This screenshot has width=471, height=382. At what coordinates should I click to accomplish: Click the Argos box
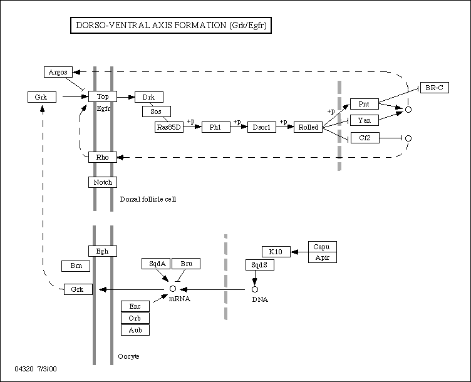coord(58,73)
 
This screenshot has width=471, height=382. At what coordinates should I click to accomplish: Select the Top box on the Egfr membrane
coord(103,96)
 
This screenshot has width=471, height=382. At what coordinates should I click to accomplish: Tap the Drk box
coord(149,96)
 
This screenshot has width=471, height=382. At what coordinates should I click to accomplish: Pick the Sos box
coord(157,111)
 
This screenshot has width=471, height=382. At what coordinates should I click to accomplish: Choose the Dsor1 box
coord(262,127)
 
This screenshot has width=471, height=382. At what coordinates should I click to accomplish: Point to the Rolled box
coord(308,127)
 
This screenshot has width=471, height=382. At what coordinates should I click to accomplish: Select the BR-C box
coord(434,88)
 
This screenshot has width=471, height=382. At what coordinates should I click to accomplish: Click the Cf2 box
coord(365,137)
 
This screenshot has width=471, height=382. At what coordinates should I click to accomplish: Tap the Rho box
coord(103,157)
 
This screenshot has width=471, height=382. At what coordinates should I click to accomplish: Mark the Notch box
coord(103,182)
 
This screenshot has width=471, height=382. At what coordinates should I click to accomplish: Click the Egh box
coord(103,251)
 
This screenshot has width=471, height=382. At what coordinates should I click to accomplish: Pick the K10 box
coord(276,252)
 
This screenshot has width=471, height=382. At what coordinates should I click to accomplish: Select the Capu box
coord(322,247)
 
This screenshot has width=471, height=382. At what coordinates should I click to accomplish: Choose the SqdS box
coord(259,265)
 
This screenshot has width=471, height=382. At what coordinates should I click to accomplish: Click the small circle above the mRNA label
coord(173,289)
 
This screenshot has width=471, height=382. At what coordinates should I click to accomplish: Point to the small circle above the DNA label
coord(255,289)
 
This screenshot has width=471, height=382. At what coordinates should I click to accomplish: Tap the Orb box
coord(135,318)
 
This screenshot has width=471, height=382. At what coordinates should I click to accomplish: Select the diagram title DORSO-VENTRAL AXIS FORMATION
coord(169,26)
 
